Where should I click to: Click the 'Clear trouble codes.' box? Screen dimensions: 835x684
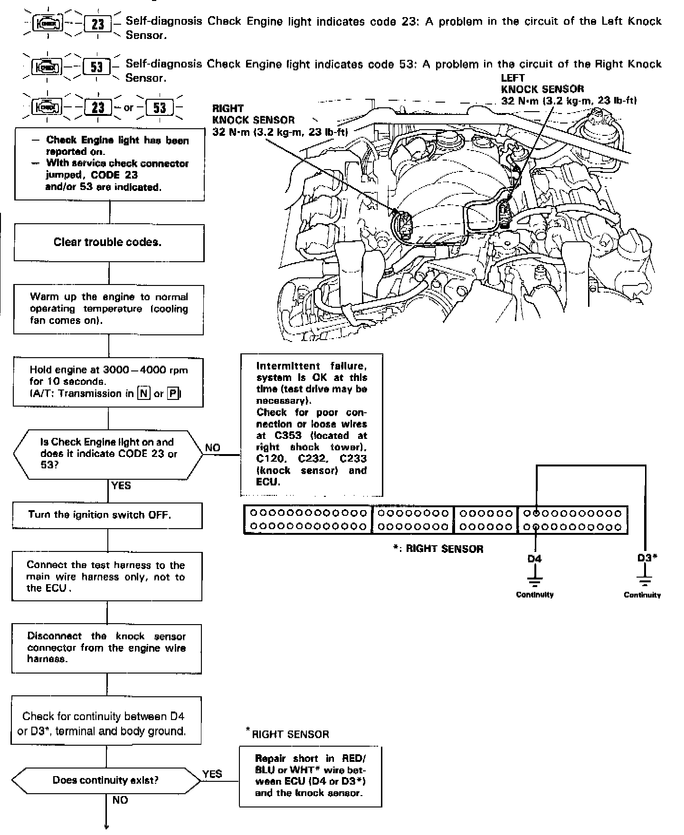click(x=109, y=243)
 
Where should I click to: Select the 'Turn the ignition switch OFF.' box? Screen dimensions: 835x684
click(x=107, y=515)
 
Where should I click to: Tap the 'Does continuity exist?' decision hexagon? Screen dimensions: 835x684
click(x=106, y=780)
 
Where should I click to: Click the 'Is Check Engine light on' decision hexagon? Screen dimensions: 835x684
click(x=108, y=454)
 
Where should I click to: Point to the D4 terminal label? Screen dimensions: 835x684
click(x=535, y=559)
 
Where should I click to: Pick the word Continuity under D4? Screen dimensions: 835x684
click(x=535, y=595)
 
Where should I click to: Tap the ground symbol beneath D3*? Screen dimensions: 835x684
click(x=644, y=580)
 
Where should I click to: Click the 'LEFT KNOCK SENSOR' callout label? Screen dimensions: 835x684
click(x=542, y=84)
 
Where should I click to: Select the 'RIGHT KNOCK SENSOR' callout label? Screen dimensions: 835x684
click(x=253, y=114)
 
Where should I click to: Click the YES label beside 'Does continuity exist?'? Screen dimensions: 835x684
click(x=212, y=774)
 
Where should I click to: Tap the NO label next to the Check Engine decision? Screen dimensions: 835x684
click(x=213, y=448)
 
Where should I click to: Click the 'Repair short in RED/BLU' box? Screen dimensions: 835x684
click(x=310, y=776)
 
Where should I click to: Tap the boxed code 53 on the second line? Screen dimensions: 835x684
click(x=96, y=66)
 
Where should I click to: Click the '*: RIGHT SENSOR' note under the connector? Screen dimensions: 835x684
click(x=437, y=549)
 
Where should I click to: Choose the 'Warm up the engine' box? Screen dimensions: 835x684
click(x=109, y=309)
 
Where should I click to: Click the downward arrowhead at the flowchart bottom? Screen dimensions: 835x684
click(x=106, y=827)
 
